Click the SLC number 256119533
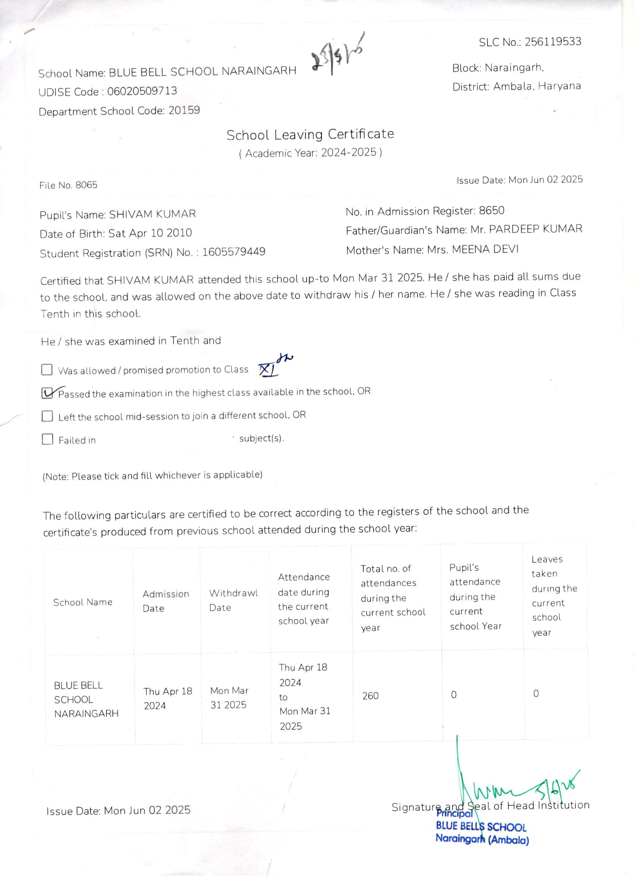pos(553,42)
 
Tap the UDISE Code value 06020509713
pos(142,91)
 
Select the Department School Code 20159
pos(184,111)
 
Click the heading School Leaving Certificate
pos(310,135)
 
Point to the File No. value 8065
pos(86,185)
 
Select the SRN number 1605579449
pos(233,252)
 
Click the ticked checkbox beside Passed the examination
pos(47,393)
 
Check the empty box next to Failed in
pos(47,439)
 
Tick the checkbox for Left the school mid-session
pos(47,416)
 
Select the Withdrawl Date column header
pos(233,600)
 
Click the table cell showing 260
pos(370,695)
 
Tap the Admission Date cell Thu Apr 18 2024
pos(167,698)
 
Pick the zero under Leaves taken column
pos(536,693)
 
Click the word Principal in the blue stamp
pos(454,813)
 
